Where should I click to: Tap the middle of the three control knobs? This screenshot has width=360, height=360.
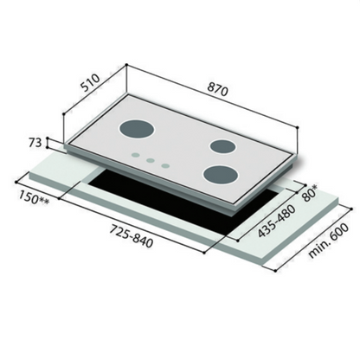pos(149,160)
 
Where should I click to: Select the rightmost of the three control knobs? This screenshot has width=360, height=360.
pos(164,164)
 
